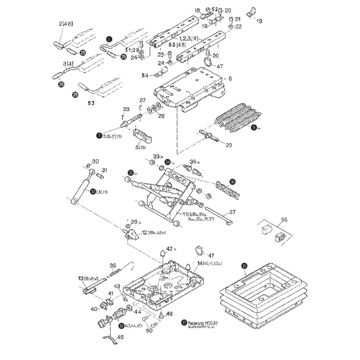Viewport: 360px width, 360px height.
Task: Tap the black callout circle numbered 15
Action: click(x=244, y=266)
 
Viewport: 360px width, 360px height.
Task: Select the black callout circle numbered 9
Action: click(x=254, y=127)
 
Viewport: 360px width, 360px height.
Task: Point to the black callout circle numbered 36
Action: click(x=232, y=182)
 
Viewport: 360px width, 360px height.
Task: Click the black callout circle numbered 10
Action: click(x=93, y=192)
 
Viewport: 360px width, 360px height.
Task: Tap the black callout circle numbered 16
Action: click(x=121, y=325)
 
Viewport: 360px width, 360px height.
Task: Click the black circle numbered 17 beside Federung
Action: click(x=184, y=322)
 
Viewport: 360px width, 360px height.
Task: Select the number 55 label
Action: click(x=283, y=220)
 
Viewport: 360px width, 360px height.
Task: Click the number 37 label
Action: click(x=232, y=212)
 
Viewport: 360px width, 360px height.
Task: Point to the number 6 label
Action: click(x=230, y=78)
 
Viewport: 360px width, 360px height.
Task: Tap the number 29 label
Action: click(x=229, y=145)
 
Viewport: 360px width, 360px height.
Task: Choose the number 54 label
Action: click(x=145, y=76)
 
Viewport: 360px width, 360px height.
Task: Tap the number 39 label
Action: click(x=113, y=265)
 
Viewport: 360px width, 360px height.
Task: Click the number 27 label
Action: click(x=143, y=100)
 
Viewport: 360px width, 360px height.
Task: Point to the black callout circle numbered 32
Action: click(x=131, y=172)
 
